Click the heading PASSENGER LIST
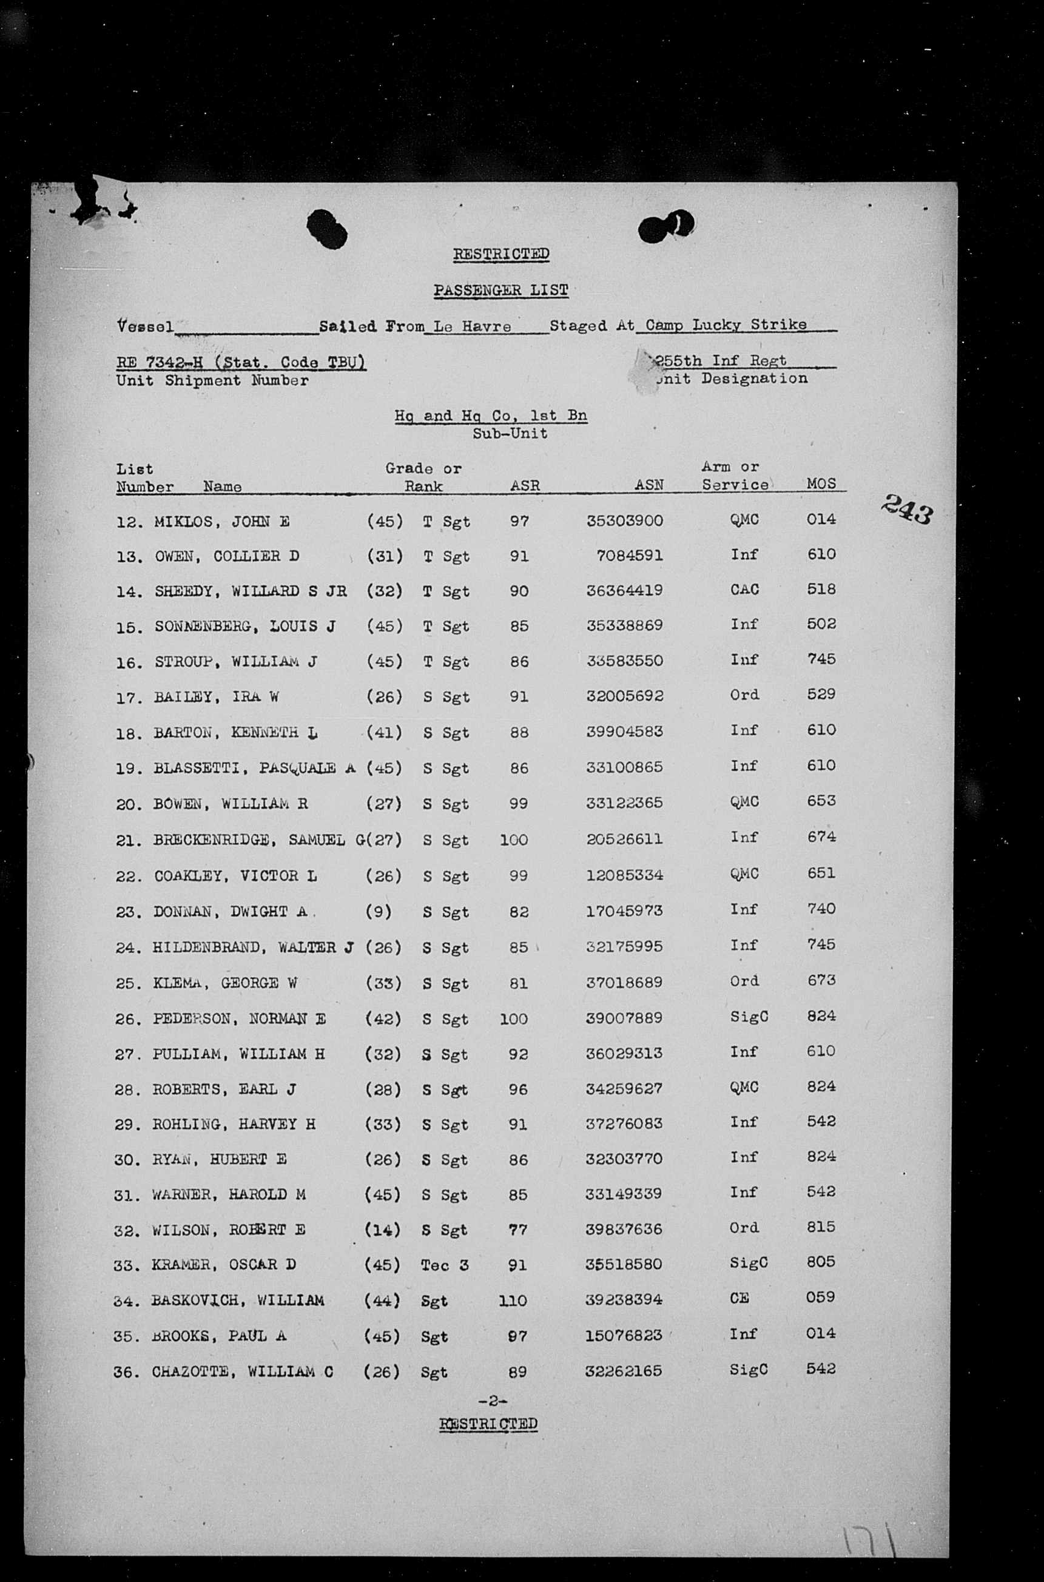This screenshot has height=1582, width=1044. coord(500,291)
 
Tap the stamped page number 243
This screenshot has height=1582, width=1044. coord(908,512)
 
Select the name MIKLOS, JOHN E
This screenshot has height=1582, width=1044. coord(221,522)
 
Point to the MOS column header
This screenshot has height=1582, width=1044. coord(821,484)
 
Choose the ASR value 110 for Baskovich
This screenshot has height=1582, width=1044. coord(513,1301)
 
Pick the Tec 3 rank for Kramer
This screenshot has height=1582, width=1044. coord(444,1265)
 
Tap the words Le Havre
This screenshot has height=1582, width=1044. coord(472,327)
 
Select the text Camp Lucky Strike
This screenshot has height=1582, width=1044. coord(726,325)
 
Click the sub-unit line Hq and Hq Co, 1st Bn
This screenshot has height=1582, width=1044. coord(491,416)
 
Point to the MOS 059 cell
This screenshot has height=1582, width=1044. coord(820,1296)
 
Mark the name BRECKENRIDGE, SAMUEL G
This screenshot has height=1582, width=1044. coord(258,840)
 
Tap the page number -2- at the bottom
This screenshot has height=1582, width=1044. coord(493,1400)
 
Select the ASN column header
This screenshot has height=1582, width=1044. coord(649,485)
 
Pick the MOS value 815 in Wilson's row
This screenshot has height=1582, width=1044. coord(820,1227)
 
